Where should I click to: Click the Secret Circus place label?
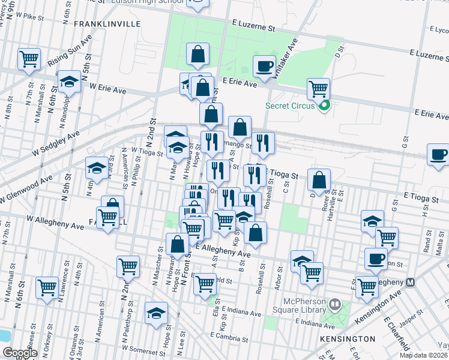coord(292,107)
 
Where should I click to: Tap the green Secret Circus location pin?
coord(325,107)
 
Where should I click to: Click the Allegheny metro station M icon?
coord(411,282)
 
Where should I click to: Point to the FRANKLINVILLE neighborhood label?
coord(107,24)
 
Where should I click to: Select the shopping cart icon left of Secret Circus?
coord(318,89)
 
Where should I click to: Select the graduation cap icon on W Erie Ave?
coord(70,82)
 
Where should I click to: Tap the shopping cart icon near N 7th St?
coord(29,59)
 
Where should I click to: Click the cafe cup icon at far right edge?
coord(438,155)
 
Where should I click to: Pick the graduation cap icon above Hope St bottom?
coord(157,313)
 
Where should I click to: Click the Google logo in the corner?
coord(20,353)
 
